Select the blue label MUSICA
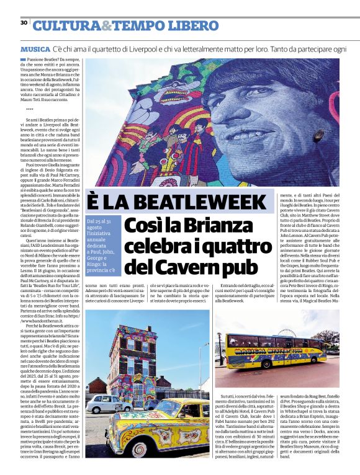tap(35, 48)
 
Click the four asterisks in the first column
tap(30, 109)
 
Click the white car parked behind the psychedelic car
tap(106, 404)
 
